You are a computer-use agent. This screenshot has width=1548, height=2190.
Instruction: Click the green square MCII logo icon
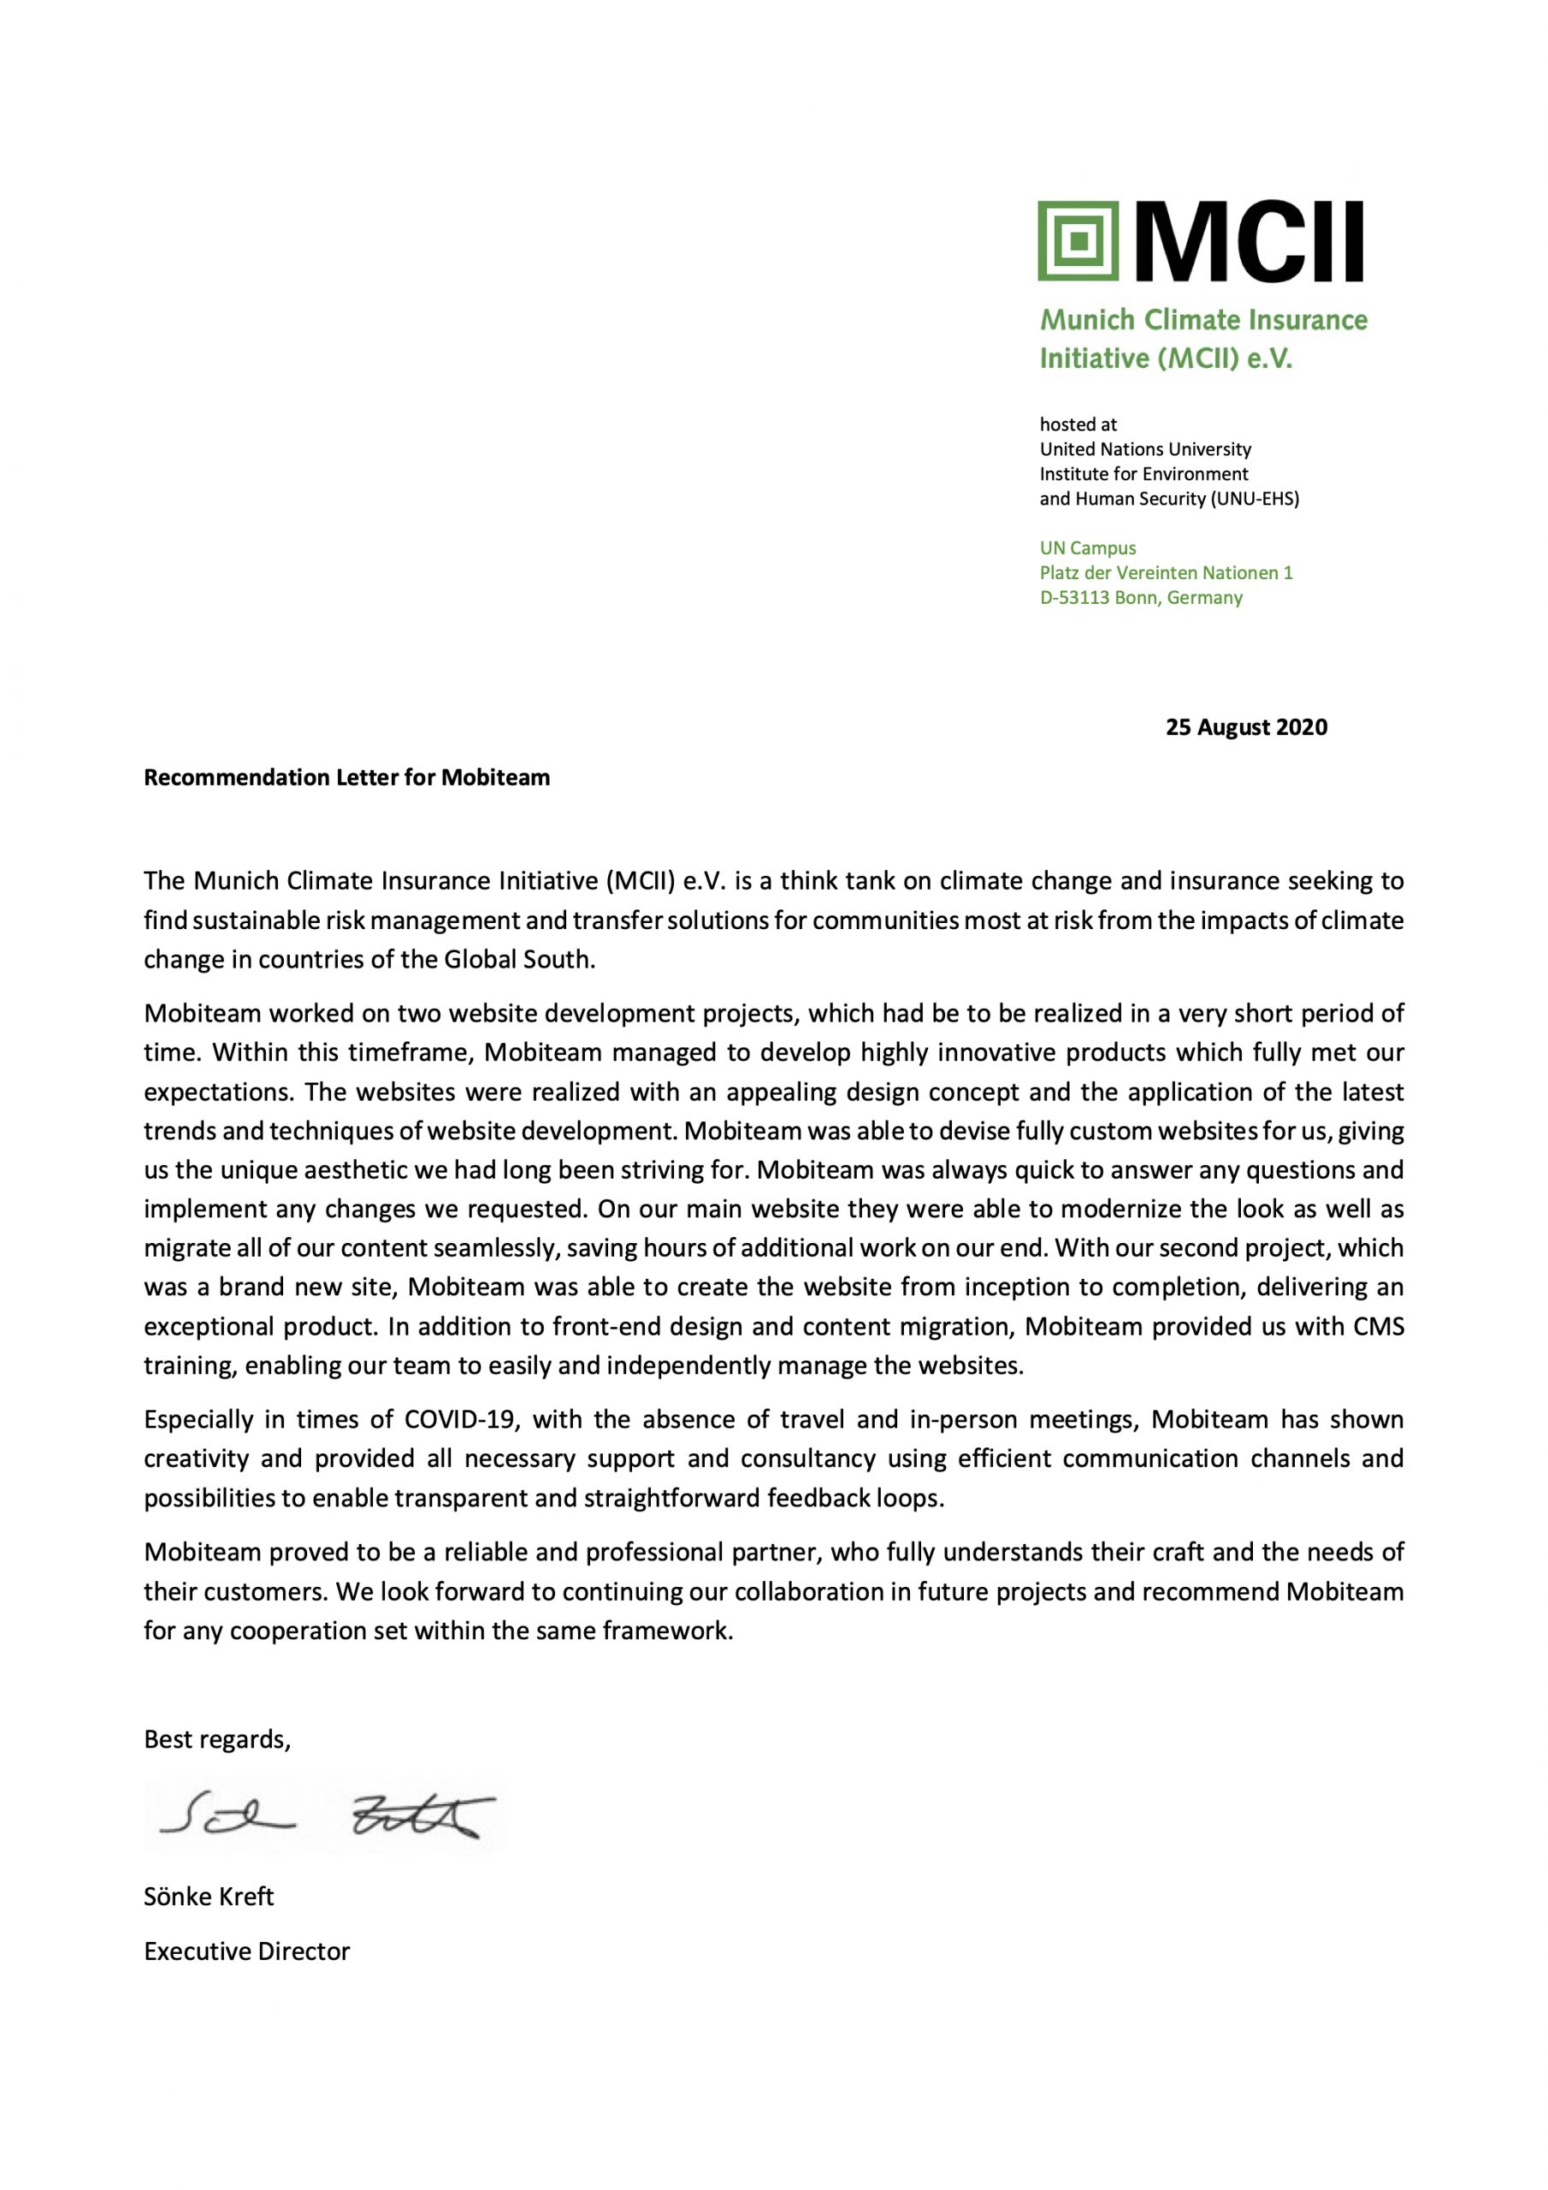[x=1078, y=240]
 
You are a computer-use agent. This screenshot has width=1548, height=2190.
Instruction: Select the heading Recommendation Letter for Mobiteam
[x=346, y=778]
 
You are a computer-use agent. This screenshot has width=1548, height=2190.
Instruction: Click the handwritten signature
[x=324, y=1817]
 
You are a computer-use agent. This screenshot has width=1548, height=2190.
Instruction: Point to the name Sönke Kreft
[x=209, y=1897]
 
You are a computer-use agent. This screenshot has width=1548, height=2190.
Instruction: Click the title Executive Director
[x=247, y=1951]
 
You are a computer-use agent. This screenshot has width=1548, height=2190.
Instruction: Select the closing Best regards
[x=216, y=1739]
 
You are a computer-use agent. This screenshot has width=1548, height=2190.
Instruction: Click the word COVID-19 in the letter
[x=462, y=1419]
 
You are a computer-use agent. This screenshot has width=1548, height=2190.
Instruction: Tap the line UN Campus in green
[x=1087, y=548]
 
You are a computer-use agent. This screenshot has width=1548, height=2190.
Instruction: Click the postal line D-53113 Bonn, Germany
[x=1141, y=598]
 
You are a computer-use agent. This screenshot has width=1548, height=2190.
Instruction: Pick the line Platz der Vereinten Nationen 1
[x=1166, y=573]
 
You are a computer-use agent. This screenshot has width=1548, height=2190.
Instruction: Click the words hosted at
[x=1078, y=424]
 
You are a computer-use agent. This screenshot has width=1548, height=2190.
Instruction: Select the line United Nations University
[x=1144, y=449]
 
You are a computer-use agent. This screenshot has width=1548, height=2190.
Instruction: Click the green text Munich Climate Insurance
[x=1202, y=320]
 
